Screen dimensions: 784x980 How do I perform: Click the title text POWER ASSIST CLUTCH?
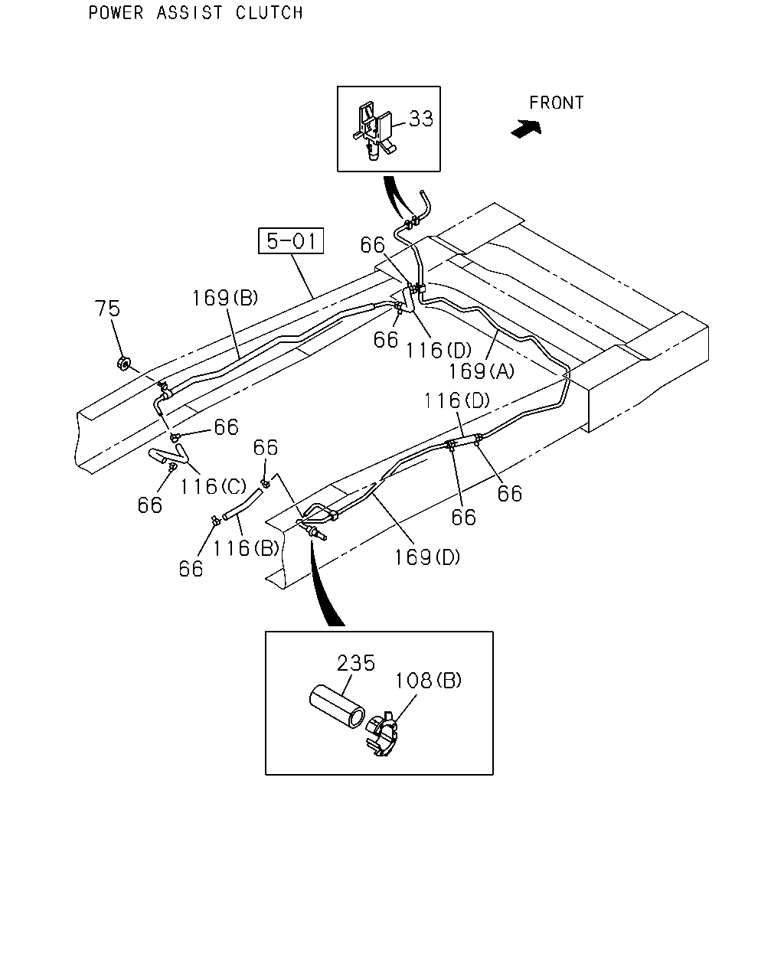tap(195, 13)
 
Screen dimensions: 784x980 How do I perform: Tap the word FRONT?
tap(556, 103)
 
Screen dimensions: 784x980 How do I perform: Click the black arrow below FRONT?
tap(526, 129)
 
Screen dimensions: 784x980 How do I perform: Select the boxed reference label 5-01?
tap(291, 241)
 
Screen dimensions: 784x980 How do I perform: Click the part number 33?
tap(421, 119)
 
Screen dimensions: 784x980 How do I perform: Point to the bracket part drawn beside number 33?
tap(374, 130)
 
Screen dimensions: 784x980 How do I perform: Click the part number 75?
tap(107, 309)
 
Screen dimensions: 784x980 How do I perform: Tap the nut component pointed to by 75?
tap(123, 363)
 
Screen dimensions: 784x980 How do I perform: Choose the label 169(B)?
tap(225, 299)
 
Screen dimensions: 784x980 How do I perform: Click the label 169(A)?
tap(482, 371)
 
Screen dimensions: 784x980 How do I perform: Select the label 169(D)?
tap(427, 557)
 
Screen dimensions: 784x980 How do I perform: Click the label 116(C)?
tap(213, 486)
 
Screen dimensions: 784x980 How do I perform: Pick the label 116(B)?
tap(246, 548)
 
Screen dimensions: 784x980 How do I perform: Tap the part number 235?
tap(356, 663)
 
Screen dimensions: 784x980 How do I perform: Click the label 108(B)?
tap(428, 681)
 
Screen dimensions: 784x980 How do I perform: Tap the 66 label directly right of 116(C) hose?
tap(227, 427)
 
